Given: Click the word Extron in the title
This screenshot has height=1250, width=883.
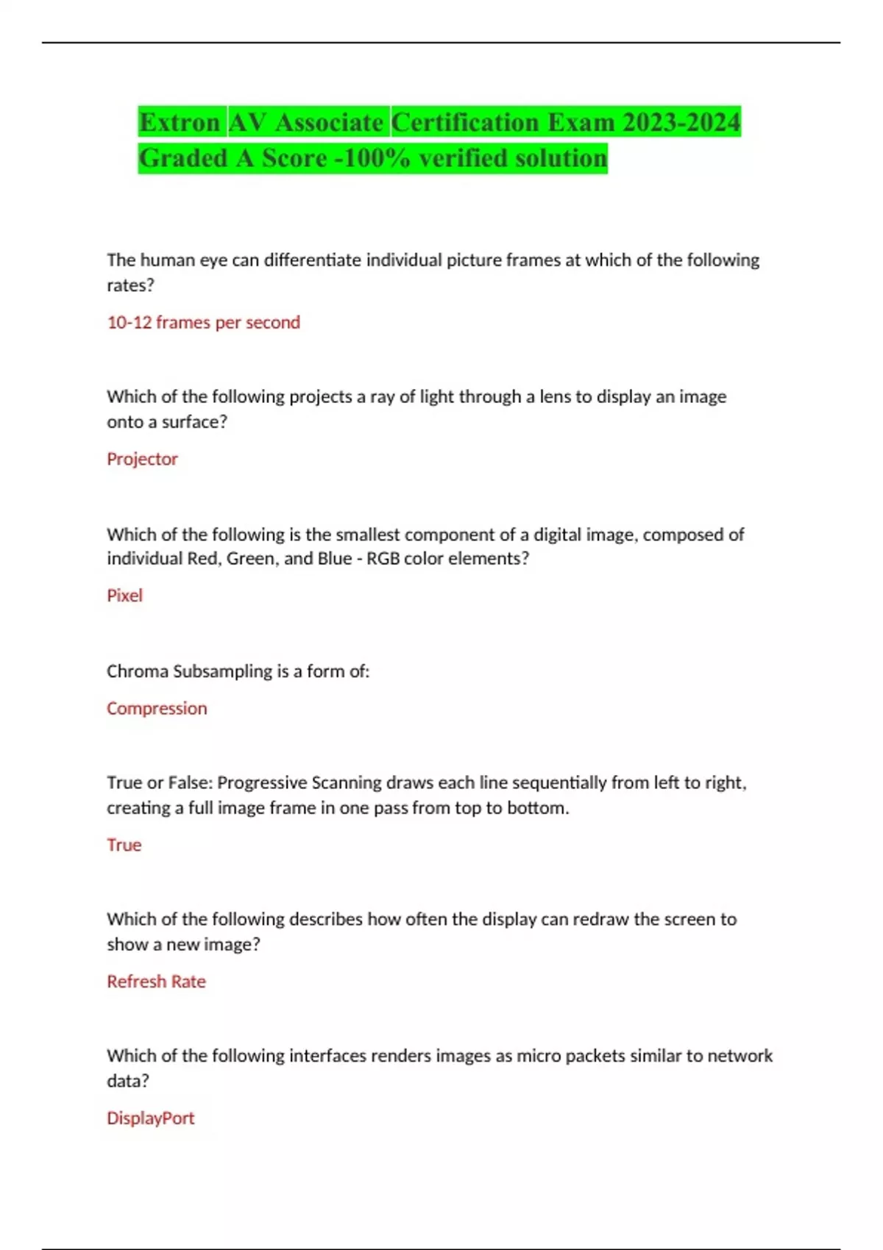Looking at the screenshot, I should click(180, 122).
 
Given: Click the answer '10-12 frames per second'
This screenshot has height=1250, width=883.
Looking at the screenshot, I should click(203, 322).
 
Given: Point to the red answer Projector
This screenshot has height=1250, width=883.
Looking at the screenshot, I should click(142, 459).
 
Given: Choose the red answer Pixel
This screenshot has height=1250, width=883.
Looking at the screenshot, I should click(124, 596).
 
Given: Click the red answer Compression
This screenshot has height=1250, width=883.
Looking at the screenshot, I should click(157, 708).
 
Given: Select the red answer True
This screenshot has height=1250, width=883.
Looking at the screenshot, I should click(124, 845).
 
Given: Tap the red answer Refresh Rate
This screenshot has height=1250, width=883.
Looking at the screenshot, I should click(156, 982).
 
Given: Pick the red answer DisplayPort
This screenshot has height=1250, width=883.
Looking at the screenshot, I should click(150, 1118).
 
